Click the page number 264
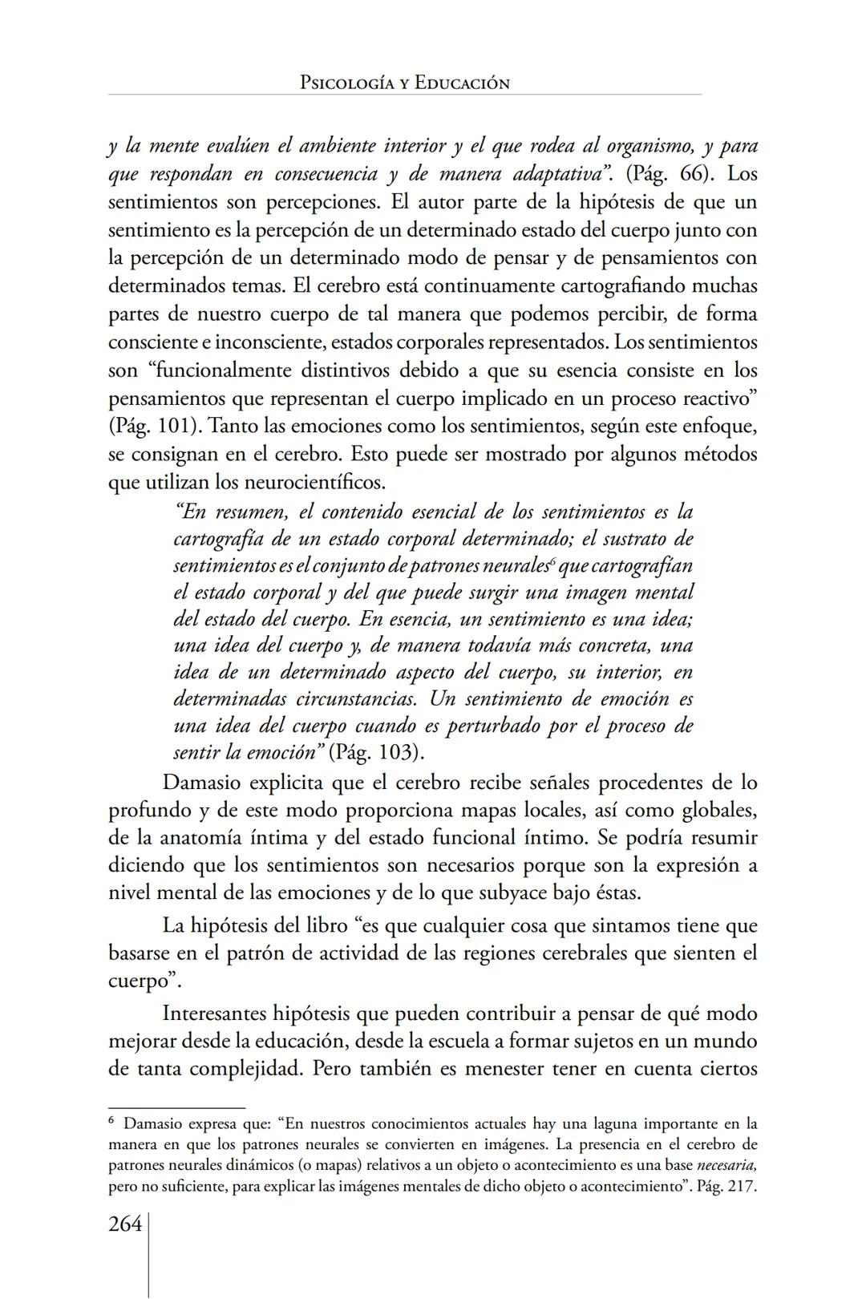pyautogui.click(x=125, y=1224)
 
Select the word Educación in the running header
pyautogui.click(x=462, y=83)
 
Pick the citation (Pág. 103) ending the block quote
pyautogui.click(x=376, y=753)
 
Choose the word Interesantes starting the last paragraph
pyautogui.click(x=214, y=1014)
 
